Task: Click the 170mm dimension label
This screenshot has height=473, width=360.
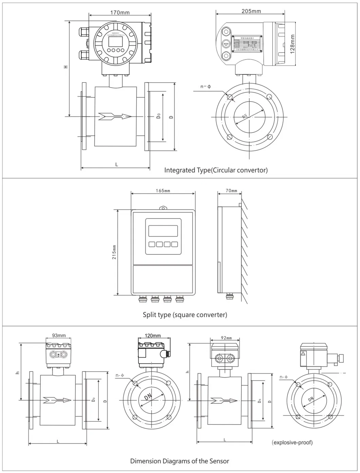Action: click(x=120, y=13)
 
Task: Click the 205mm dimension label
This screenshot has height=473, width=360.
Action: click(x=251, y=11)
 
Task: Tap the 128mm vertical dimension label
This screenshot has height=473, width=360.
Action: click(x=292, y=44)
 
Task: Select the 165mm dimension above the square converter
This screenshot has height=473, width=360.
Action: click(x=163, y=191)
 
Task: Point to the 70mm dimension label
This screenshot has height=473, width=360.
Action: click(x=232, y=191)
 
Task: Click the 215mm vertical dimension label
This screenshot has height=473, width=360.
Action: click(x=114, y=252)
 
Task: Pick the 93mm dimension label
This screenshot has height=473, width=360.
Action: click(x=59, y=335)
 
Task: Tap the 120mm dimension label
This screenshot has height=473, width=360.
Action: click(x=152, y=335)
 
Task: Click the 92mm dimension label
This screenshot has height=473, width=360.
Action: click(x=226, y=338)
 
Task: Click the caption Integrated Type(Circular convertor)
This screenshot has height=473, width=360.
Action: click(x=216, y=170)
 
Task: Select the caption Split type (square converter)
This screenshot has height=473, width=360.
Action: click(x=185, y=315)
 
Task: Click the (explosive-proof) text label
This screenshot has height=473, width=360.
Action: click(x=292, y=442)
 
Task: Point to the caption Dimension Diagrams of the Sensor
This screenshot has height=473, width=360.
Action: click(x=180, y=461)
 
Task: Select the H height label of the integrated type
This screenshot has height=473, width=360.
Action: click(x=66, y=67)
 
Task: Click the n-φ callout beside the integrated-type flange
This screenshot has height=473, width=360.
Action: click(x=205, y=87)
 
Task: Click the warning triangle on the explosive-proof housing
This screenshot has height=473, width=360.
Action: click(x=303, y=353)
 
